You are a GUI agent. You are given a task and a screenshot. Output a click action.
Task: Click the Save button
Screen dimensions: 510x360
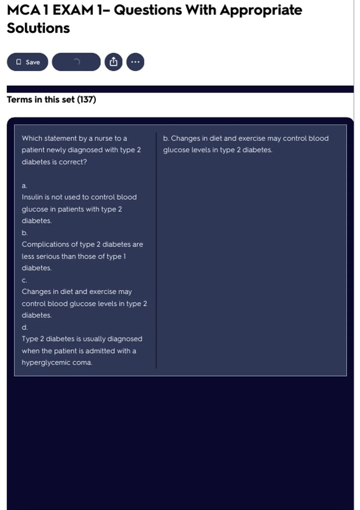pyautogui.click(x=27, y=62)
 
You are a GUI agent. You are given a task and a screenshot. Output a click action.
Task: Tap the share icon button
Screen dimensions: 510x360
pyautogui.click(x=113, y=62)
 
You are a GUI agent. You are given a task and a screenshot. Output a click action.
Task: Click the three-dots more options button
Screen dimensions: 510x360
pyautogui.click(x=135, y=62)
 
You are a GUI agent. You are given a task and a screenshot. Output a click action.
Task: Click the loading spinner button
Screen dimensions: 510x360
pyautogui.click(x=76, y=62)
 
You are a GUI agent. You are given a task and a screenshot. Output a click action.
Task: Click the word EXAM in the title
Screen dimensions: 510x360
pyautogui.click(x=73, y=10)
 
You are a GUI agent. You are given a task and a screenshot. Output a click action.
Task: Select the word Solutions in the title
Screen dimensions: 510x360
pyautogui.click(x=38, y=28)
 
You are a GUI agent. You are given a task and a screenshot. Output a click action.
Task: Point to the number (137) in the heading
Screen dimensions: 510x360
pyautogui.click(x=86, y=100)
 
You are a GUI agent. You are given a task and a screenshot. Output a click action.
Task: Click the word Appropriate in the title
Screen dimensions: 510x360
pyautogui.click(x=261, y=10)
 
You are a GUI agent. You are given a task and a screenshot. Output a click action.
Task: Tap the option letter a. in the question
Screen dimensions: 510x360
pyautogui.click(x=24, y=186)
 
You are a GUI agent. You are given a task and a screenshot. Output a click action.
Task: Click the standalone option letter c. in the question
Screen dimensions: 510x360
pyautogui.click(x=24, y=280)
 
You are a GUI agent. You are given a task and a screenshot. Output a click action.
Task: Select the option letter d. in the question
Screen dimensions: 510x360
pyautogui.click(x=25, y=327)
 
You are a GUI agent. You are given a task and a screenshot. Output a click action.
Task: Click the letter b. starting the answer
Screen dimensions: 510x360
pyautogui.click(x=166, y=138)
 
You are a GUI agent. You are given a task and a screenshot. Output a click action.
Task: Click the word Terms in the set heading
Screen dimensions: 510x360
pyautogui.click(x=19, y=100)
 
